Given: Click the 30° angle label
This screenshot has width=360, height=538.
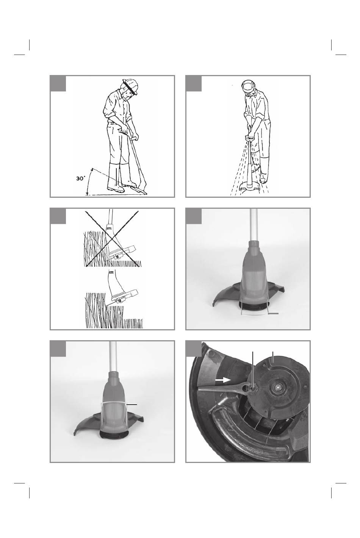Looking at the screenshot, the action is point(80,178).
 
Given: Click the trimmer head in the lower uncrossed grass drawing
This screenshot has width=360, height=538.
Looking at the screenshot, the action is point(122,296).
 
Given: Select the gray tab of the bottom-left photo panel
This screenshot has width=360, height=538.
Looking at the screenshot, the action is point(58,349).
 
